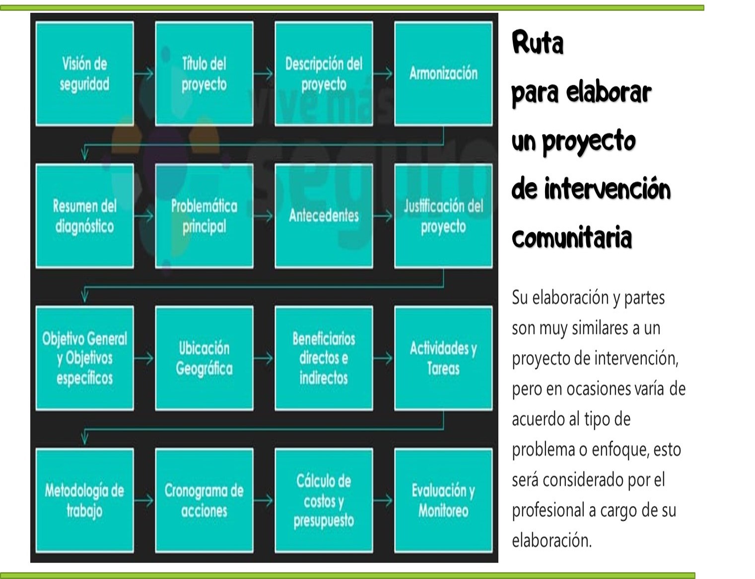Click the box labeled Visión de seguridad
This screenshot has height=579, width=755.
(84, 73)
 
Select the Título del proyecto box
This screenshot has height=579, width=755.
(204, 73)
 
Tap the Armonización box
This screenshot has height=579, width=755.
(443, 73)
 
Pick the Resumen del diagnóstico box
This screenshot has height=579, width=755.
(84, 216)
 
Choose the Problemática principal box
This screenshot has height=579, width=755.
(204, 216)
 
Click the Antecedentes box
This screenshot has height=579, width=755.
(324, 216)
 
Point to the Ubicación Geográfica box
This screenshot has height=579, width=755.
(204, 358)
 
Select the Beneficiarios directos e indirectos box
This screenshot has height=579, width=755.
(324, 358)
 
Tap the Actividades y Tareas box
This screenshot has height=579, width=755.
(443, 358)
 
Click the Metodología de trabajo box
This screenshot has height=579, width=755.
(84, 500)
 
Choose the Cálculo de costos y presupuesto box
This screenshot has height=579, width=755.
(324, 500)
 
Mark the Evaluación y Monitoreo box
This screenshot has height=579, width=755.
(443, 500)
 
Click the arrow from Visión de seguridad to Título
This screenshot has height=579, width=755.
(144, 73)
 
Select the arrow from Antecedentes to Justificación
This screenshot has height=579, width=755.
(383, 216)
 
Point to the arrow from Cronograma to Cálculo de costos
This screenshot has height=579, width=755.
(264, 500)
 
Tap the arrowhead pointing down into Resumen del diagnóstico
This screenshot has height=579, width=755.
(84, 154)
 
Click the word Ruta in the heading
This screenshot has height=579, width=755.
(538, 43)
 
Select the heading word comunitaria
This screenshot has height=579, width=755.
(571, 237)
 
